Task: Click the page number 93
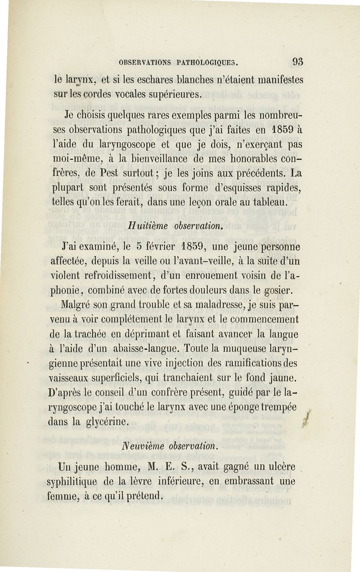[297, 61]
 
